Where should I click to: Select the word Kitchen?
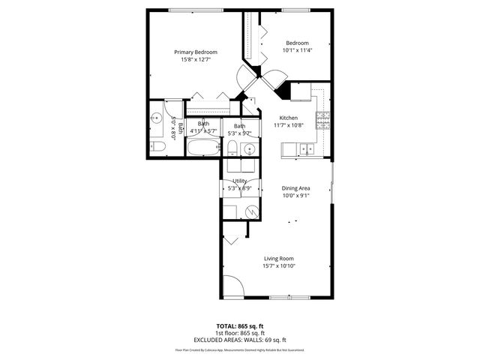(289, 118)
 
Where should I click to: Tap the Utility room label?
(240, 181)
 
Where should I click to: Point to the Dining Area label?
(295, 188)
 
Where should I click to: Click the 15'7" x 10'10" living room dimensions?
(278, 265)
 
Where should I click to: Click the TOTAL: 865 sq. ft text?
(240, 326)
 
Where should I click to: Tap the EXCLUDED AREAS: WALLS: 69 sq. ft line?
(240, 338)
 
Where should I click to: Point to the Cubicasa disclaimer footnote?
(240, 349)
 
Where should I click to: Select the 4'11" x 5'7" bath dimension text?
(203, 131)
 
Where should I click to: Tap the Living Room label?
(278, 259)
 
